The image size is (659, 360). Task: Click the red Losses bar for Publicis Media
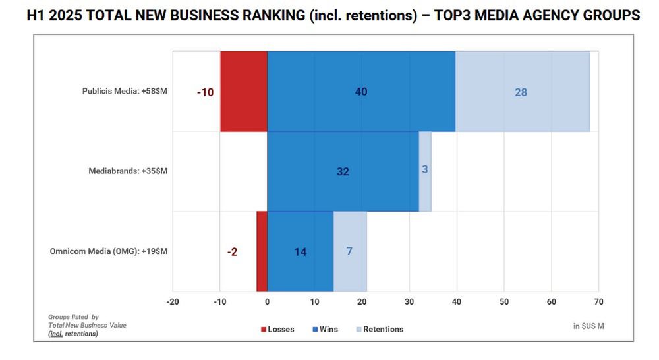click(244, 91)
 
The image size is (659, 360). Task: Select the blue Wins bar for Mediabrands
click(343, 171)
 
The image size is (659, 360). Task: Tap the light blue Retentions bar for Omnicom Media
click(350, 251)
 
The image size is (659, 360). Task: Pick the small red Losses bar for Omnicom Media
click(262, 251)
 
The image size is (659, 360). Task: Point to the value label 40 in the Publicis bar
click(361, 92)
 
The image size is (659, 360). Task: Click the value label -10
click(206, 92)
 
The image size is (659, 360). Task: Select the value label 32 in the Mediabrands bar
click(343, 171)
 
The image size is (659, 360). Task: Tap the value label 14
click(301, 252)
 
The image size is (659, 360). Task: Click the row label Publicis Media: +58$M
click(125, 92)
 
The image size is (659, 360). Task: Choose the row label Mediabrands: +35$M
click(128, 171)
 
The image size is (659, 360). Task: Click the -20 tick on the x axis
click(173, 302)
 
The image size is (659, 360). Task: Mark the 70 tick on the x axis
click(598, 302)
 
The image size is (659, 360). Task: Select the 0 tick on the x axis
click(268, 302)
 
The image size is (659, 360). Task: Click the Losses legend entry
click(277, 329)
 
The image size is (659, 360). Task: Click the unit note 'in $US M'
click(588, 326)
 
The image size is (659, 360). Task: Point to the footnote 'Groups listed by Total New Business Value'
click(87, 321)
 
